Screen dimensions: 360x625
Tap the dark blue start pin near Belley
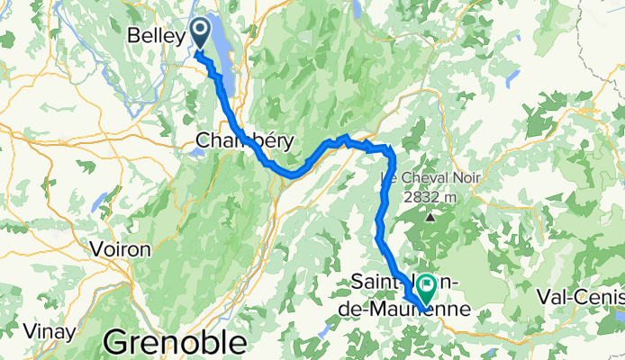[198, 33]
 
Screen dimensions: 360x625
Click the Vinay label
[26, 332]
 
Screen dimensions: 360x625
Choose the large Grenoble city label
[175, 343]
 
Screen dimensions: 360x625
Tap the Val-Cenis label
[579, 296]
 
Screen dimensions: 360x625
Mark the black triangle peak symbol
[430, 216]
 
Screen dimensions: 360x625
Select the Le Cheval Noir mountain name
[430, 178]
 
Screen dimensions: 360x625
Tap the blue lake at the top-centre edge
[358, 9]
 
